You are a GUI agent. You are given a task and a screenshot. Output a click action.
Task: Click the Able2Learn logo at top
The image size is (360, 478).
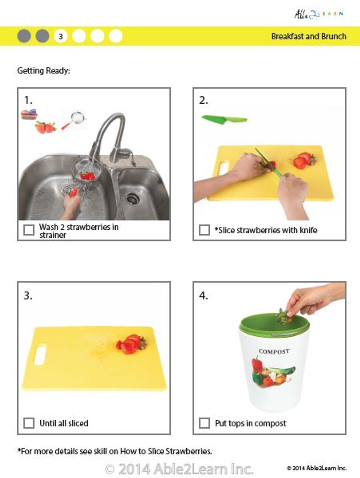pos(318,14)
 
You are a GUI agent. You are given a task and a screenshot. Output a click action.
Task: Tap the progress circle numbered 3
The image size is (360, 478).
pos(60,36)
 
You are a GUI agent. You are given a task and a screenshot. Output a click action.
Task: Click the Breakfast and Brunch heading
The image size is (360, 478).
pos(308,37)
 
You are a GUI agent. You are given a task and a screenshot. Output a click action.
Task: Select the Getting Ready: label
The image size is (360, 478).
pos(43,71)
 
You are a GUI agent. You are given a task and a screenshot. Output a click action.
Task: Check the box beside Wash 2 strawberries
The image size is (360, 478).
pos(29,230)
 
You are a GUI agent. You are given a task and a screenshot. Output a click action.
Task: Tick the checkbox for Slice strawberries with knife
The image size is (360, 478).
pos(204,230)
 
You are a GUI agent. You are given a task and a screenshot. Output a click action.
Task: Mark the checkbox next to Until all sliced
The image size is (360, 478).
pos(29,423)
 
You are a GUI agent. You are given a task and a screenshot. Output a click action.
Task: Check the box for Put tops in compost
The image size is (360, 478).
pos(204,423)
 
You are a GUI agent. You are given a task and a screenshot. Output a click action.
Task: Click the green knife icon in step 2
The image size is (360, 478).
pos(224,119)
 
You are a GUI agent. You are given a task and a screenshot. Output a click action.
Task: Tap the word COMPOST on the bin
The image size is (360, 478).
pos(274,351)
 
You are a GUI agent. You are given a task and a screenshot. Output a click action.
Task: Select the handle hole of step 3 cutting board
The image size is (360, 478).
pos(40,355)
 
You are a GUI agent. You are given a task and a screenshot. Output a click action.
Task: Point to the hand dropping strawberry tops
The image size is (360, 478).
pos(310,299)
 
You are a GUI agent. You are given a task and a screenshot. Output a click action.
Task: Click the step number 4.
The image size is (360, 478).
pos(204,296)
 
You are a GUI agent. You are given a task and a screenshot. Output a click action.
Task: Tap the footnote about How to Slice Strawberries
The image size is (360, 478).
pos(115,451)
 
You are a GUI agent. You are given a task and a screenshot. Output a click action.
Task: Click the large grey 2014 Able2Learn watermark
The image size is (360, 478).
pos(179,469)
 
